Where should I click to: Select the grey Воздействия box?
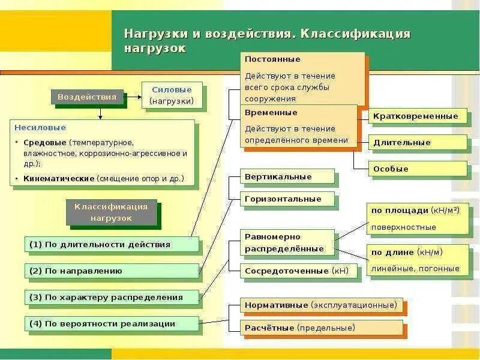(87, 96)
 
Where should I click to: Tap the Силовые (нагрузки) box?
(172, 95)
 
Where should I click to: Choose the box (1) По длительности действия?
(112, 244)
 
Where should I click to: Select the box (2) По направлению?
(112, 271)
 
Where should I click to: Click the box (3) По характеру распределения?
(112, 297)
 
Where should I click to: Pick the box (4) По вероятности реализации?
(112, 323)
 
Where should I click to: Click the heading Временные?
(271, 113)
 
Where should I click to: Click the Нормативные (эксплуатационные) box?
(321, 305)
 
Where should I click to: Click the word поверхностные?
(403, 227)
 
